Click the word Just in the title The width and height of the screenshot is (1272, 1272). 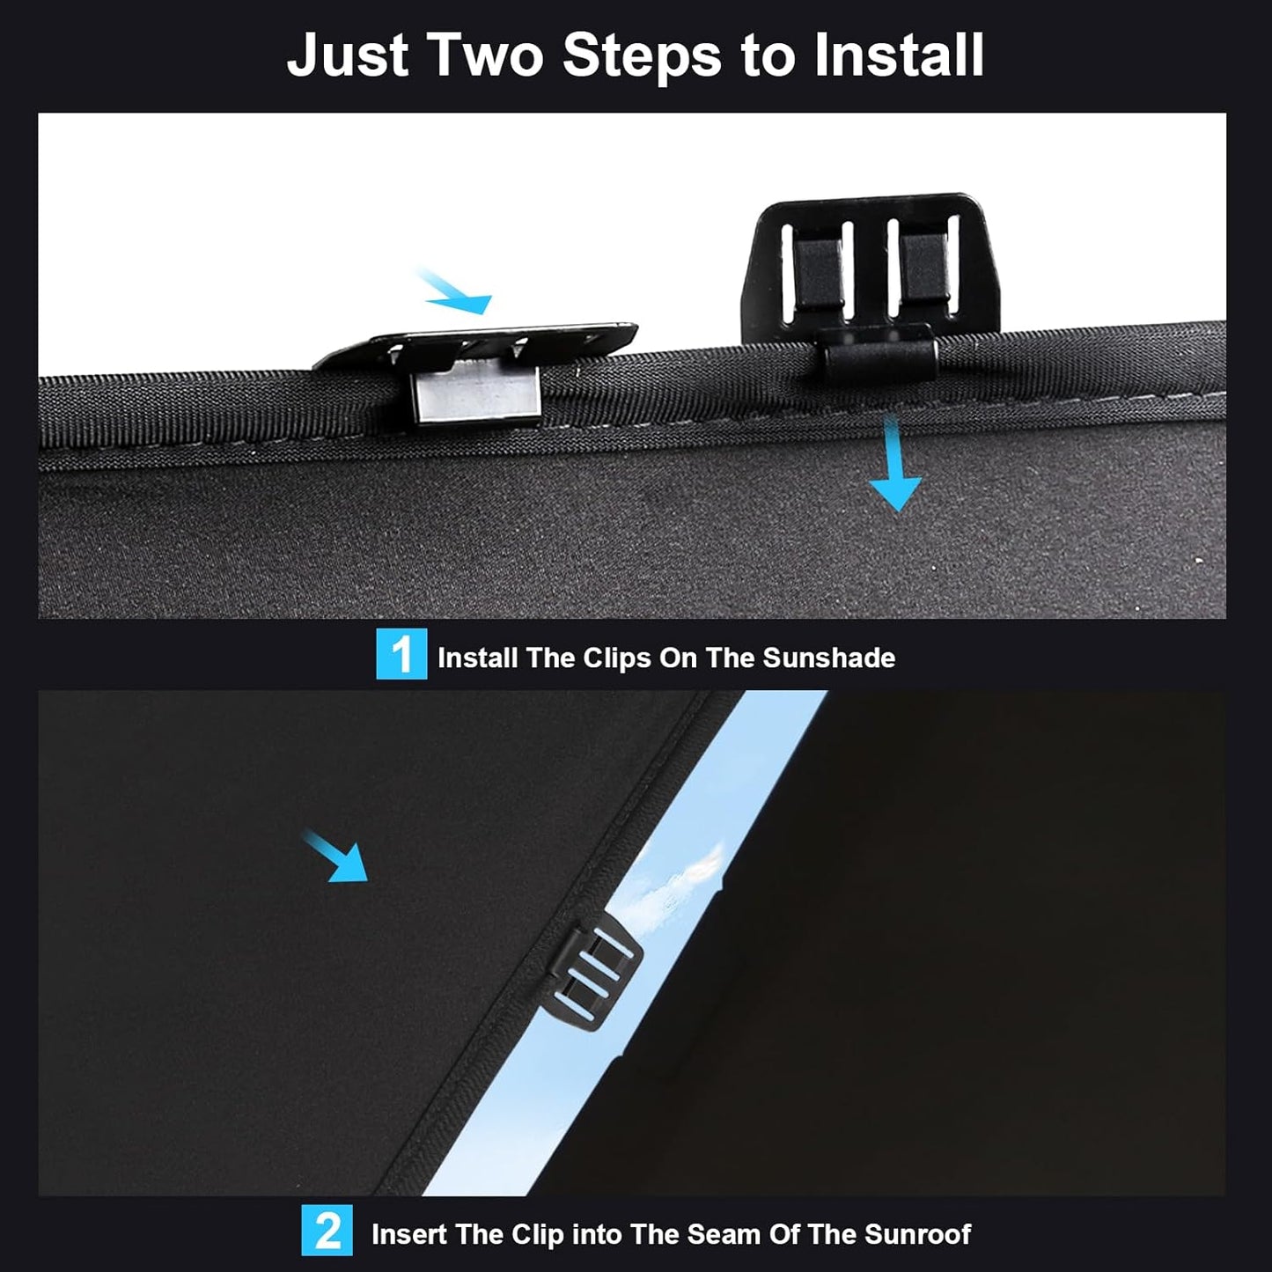348,56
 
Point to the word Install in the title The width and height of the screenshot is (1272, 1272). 899,56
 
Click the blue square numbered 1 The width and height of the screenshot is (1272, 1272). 401,653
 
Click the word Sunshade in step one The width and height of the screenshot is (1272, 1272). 829,658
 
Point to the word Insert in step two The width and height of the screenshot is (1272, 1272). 408,1234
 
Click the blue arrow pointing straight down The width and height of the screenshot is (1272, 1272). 895,466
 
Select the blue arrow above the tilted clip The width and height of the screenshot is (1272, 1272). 454,291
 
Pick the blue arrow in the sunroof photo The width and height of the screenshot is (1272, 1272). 336,857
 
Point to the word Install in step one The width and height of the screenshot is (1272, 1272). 477,658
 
